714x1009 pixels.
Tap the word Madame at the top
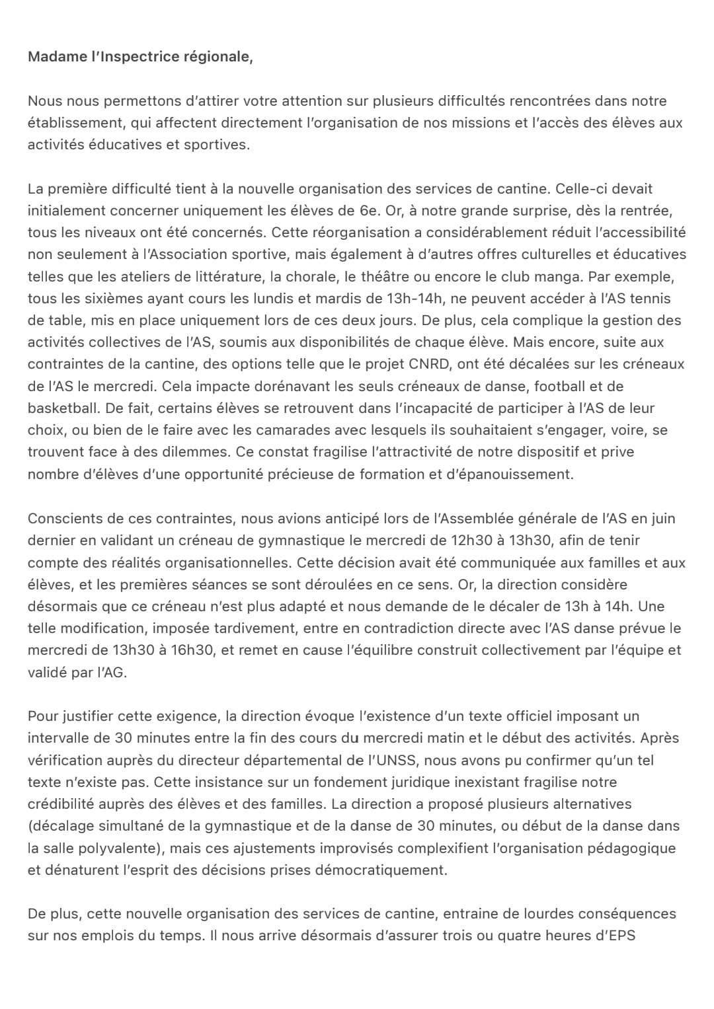[57, 57]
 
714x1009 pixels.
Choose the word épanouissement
[506, 474]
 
